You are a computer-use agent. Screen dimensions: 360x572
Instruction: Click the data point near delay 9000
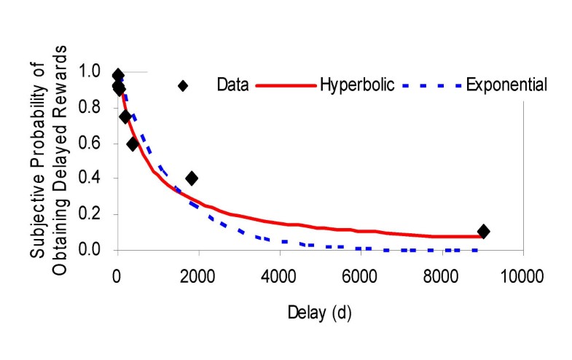pyautogui.click(x=483, y=232)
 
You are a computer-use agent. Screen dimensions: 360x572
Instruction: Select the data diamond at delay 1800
pyautogui.click(x=192, y=179)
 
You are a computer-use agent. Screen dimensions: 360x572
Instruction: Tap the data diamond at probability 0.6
pyautogui.click(x=133, y=144)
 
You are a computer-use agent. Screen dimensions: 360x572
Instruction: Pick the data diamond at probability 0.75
pyautogui.click(x=125, y=117)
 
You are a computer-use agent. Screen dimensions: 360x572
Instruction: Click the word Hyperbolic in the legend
pyautogui.click(x=357, y=85)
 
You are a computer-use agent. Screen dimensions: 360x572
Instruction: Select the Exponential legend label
pyautogui.click(x=506, y=85)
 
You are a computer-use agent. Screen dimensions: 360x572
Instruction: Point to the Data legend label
pyautogui.click(x=233, y=85)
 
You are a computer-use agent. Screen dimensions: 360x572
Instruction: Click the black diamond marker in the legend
pyautogui.click(x=183, y=85)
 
